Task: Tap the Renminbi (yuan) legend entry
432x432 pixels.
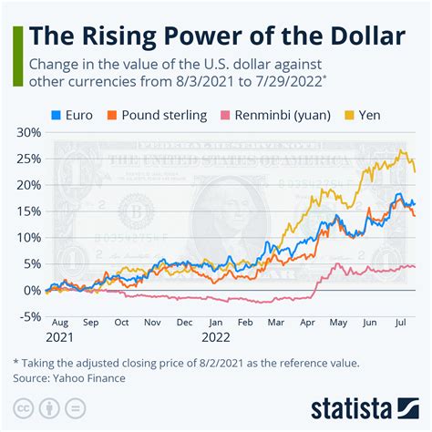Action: pyautogui.click(x=272, y=115)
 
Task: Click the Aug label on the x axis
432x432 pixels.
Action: pyautogui.click(x=60, y=323)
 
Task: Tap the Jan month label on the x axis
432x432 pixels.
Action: pyautogui.click(x=215, y=323)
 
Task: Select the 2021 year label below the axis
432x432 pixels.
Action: pyautogui.click(x=60, y=337)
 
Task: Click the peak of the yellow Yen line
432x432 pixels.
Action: pyautogui.click(x=402, y=151)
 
